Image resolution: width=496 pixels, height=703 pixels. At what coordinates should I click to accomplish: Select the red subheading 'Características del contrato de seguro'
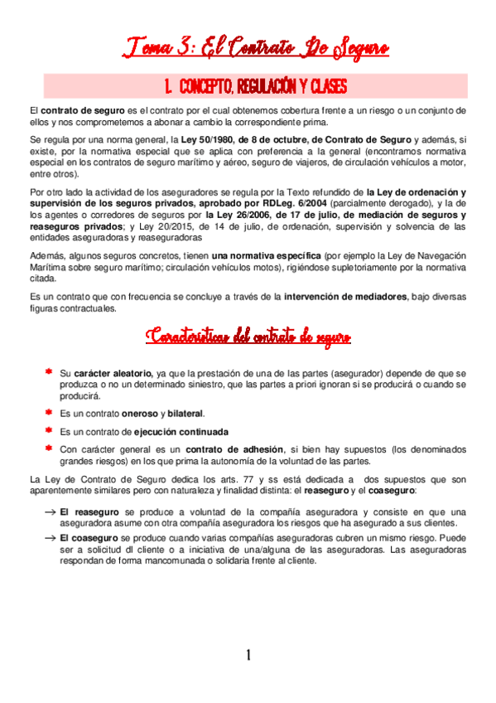[248, 337]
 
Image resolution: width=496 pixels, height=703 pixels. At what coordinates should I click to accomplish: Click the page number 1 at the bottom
[248, 655]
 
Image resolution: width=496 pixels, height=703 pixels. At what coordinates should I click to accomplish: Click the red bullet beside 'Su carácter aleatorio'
[50, 372]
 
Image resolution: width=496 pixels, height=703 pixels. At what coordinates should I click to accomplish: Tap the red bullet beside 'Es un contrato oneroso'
[50, 412]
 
